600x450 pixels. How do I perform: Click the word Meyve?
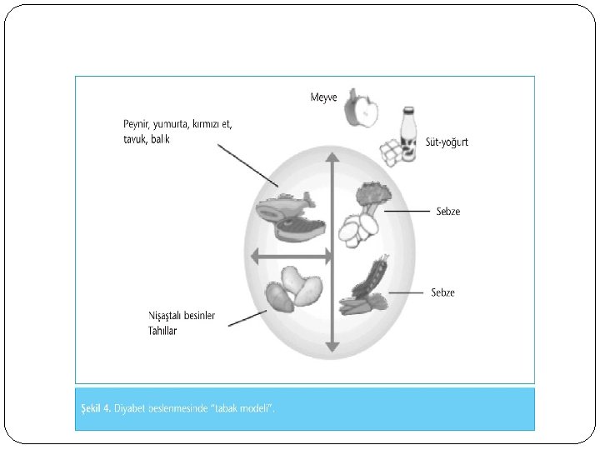(x=323, y=97)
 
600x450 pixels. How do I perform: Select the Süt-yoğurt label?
(x=447, y=142)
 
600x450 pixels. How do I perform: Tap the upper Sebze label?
(x=447, y=212)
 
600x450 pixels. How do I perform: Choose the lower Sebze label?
(x=442, y=292)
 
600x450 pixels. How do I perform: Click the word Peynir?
(x=138, y=125)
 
